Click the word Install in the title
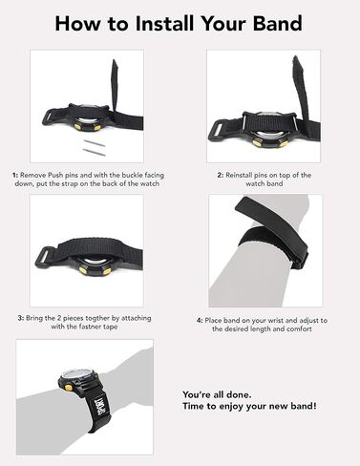click(164, 24)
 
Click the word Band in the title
click(277, 24)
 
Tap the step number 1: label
click(15, 176)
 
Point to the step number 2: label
click(221, 176)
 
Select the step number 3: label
click(21, 318)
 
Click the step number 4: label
click(200, 321)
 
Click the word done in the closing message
click(239, 394)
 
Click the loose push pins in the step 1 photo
click(94, 147)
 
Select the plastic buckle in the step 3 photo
click(45, 257)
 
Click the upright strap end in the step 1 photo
click(115, 83)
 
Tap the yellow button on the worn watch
click(68, 388)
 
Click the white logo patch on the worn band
click(95, 406)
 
